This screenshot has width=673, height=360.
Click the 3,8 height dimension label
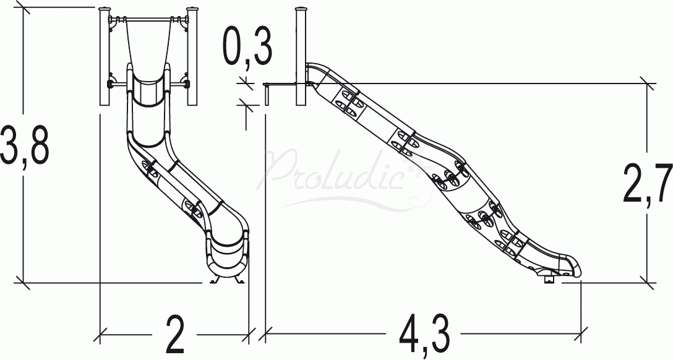pyautogui.click(x=25, y=145)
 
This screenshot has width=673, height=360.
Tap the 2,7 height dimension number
pyautogui.click(x=648, y=183)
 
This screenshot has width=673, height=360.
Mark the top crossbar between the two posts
pyautogui.click(x=148, y=19)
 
